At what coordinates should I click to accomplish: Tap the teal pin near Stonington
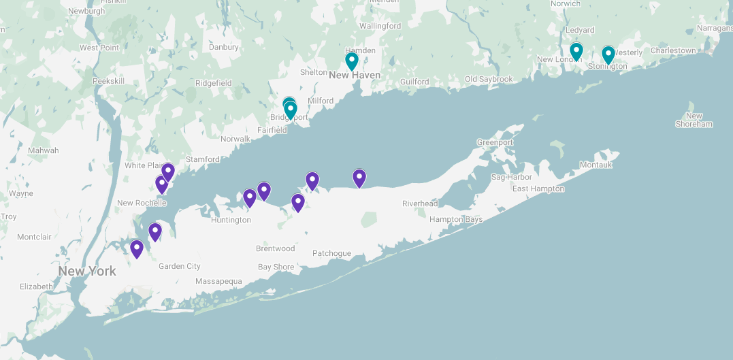coord(608,55)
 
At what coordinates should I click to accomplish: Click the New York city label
coord(87,271)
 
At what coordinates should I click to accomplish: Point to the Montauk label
coord(596,165)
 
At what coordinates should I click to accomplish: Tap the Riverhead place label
coord(420,203)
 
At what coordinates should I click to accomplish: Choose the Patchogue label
coord(331,253)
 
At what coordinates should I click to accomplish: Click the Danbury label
coord(224,47)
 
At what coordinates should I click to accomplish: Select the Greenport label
coord(495,142)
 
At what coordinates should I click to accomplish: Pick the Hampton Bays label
coord(456,219)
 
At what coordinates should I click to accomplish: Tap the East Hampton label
coord(538,189)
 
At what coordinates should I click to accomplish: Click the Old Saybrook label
coord(489,79)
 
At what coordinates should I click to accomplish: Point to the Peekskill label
coord(109,80)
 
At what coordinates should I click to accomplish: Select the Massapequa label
coord(218,281)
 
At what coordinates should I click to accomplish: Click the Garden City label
coord(180,266)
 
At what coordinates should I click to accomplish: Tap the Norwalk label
coord(235,139)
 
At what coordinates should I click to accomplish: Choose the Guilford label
coord(414,82)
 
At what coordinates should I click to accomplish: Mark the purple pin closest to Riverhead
coord(359,178)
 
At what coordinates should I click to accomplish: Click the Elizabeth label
coord(36,287)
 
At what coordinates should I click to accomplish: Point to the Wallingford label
coord(380,26)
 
